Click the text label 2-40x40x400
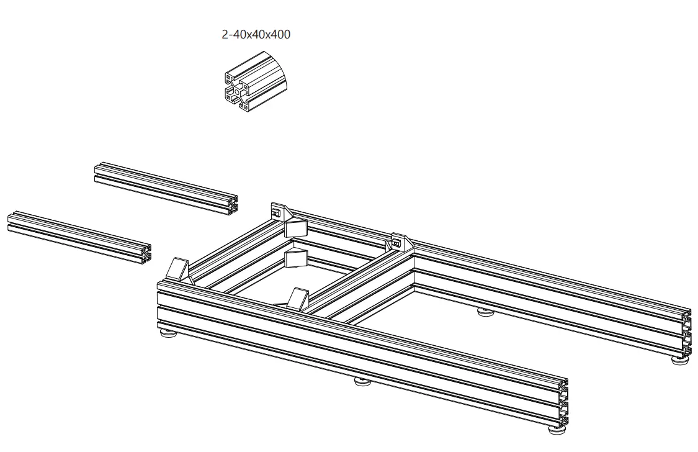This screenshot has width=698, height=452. pos(256,35)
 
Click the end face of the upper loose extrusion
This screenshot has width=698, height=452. pos(233,206)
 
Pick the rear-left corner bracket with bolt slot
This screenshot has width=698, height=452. pos(280,212)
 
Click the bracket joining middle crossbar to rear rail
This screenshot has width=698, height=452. pos(400,242)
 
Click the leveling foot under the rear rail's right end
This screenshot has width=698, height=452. pos(681,359)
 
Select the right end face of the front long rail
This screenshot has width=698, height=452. pos(563,403)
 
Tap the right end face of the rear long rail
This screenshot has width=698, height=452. pos(686,335)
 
